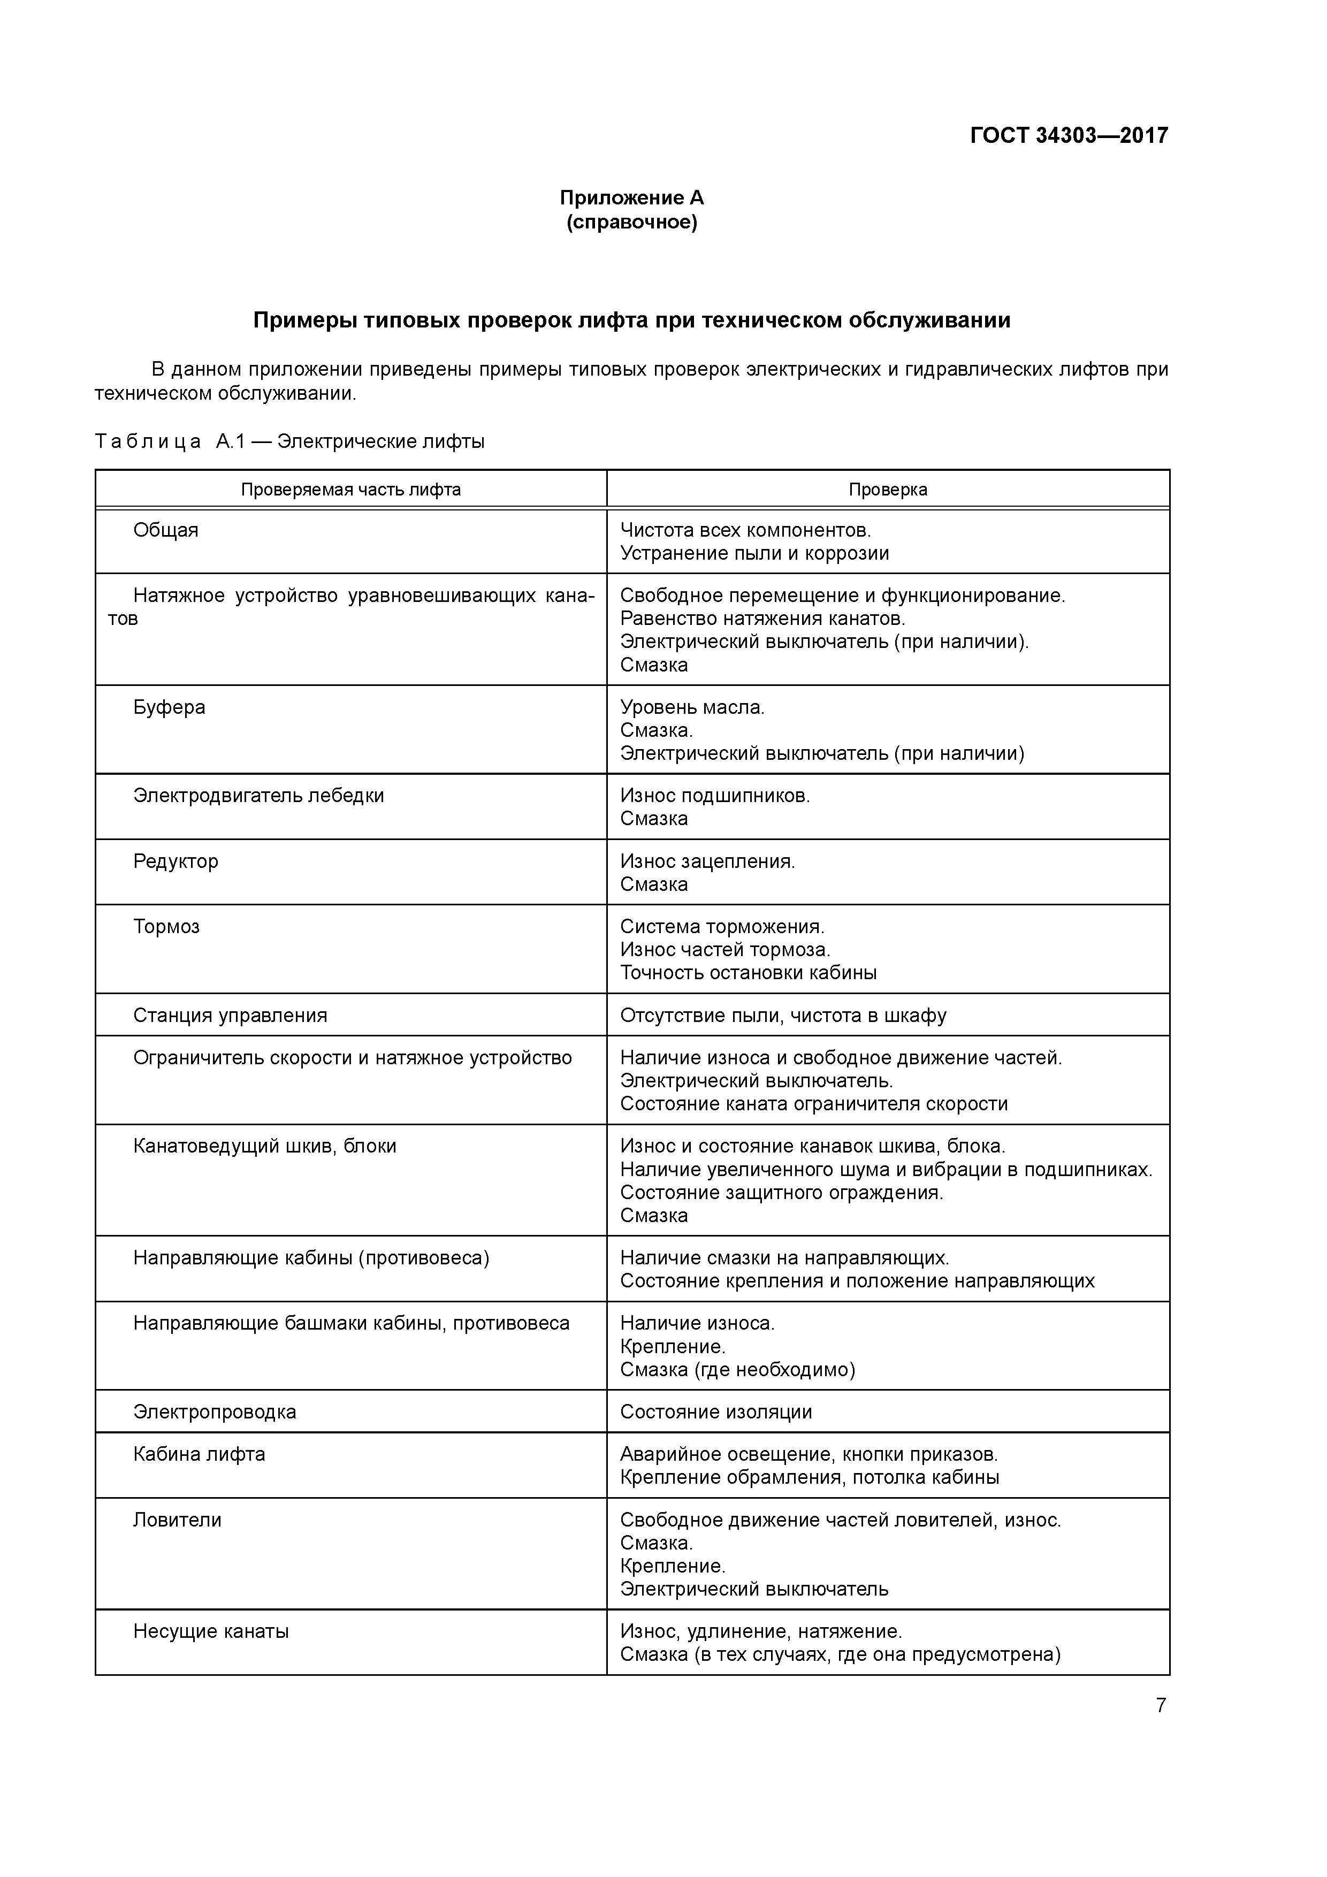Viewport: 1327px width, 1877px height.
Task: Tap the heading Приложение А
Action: click(631, 198)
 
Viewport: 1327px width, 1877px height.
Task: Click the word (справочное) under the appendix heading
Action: click(631, 223)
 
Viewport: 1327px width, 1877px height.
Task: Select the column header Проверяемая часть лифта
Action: click(351, 490)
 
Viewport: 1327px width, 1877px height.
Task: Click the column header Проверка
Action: click(887, 490)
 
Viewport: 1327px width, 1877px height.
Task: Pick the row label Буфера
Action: click(169, 707)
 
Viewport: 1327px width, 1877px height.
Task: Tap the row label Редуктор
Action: click(176, 861)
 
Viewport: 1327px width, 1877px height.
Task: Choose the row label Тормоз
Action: click(167, 926)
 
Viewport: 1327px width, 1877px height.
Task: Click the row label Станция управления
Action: click(230, 1016)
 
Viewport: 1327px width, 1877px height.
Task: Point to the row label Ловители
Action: click(178, 1520)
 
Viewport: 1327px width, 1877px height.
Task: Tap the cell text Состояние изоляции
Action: click(715, 1412)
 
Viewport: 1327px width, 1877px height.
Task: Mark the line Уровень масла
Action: click(692, 707)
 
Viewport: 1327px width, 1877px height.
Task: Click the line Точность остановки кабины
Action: click(748, 973)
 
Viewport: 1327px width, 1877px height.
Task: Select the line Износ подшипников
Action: click(715, 796)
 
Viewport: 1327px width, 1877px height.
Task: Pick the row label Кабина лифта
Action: click(200, 1454)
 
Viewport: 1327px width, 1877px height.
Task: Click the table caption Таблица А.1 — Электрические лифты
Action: click(289, 442)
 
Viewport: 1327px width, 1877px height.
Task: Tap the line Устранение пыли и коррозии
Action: click(754, 553)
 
